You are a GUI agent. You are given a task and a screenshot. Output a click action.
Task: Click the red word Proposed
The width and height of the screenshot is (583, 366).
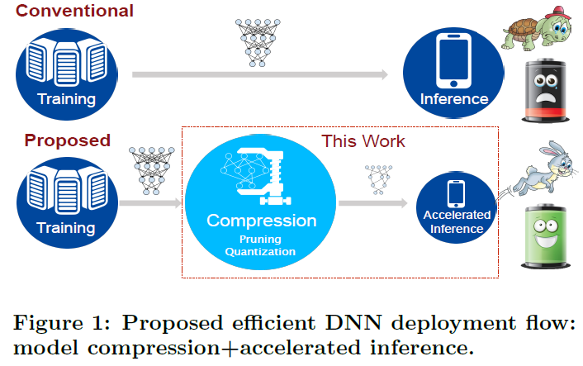click(66, 139)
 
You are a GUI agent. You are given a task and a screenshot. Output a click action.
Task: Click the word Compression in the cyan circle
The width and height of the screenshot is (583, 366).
click(261, 221)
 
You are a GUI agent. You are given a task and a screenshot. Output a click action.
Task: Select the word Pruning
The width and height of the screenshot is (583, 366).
click(261, 238)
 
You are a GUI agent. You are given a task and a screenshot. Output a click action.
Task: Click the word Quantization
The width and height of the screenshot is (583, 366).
click(261, 251)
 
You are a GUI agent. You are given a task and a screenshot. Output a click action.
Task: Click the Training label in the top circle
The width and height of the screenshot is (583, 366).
click(66, 99)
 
